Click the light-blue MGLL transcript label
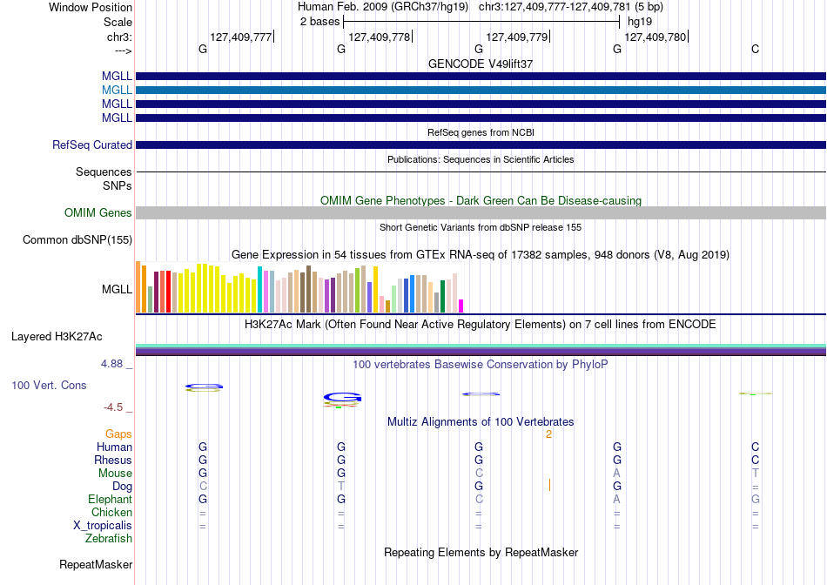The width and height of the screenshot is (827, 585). click(x=117, y=91)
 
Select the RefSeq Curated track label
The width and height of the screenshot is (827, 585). click(x=92, y=145)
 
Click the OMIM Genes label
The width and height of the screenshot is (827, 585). click(x=98, y=212)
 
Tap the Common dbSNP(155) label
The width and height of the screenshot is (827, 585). click(x=77, y=240)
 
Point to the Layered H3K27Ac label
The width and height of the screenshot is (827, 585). click(x=57, y=337)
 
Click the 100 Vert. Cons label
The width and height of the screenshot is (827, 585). click(x=49, y=385)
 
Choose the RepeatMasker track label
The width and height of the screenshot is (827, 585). click(x=96, y=564)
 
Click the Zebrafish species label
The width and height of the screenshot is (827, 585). click(x=109, y=539)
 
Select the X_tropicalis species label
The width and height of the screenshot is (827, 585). click(x=103, y=526)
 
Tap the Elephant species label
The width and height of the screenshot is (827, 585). click(x=111, y=499)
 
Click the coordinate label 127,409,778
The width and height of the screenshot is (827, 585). click(x=380, y=37)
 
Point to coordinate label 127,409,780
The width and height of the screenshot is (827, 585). click(x=655, y=37)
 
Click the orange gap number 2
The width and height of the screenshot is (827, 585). click(x=549, y=434)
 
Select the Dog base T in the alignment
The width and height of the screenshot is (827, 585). click(x=341, y=486)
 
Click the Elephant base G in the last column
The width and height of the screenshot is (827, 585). click(x=756, y=499)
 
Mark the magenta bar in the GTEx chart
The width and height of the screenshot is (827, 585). click(x=461, y=306)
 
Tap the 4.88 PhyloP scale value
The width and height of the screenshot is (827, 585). click(x=111, y=364)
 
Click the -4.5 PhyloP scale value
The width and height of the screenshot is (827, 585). click(x=113, y=407)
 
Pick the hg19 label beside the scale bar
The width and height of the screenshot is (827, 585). click(x=640, y=22)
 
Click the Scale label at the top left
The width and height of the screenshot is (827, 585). click(x=118, y=22)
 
